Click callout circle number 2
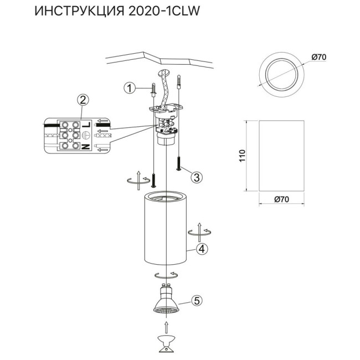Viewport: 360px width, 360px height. (83, 100)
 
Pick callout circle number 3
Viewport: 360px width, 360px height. (197, 177)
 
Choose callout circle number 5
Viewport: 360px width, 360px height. (196, 301)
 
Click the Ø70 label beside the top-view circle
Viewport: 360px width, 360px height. (318, 56)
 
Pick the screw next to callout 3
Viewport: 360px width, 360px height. (178, 164)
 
